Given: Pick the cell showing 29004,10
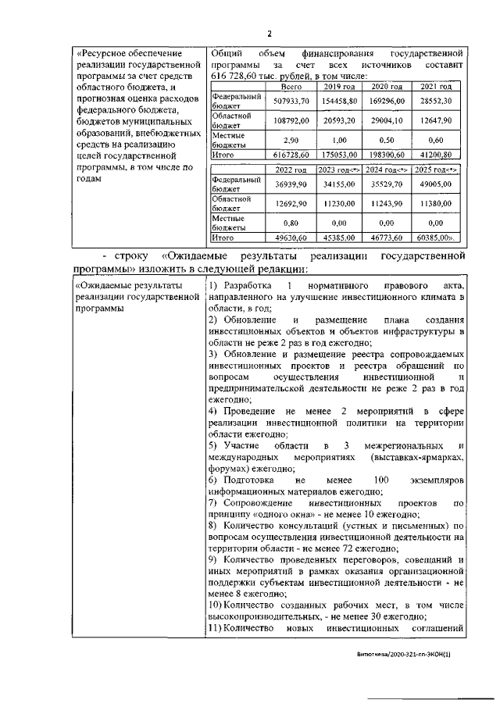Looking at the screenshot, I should point(388,121).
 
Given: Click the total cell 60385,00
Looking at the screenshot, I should point(436,237).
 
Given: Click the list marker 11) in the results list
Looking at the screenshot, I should point(220,628).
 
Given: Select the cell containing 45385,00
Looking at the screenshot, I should point(341,237).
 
